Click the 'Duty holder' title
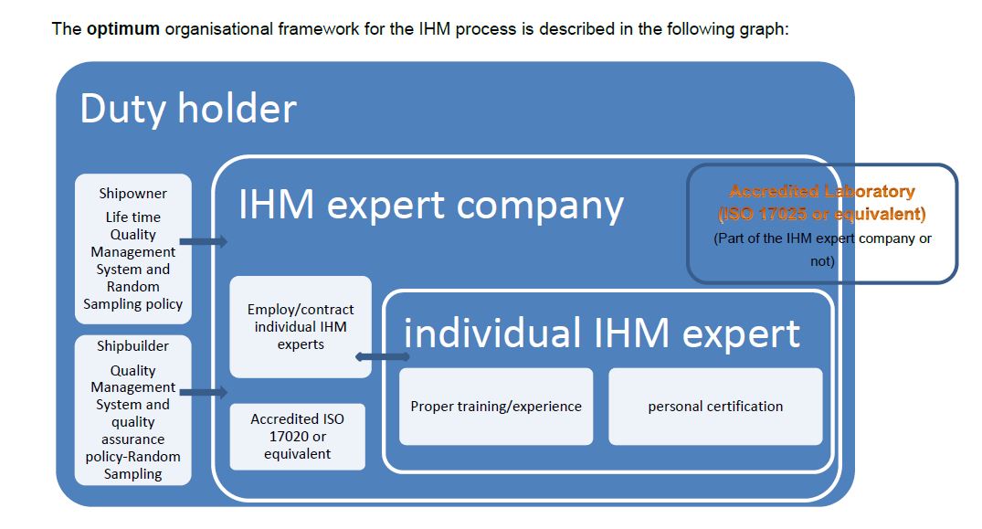188,109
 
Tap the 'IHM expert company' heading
431,206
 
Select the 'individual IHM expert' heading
601,333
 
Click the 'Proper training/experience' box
496,407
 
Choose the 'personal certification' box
715,407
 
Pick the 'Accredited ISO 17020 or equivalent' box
298,437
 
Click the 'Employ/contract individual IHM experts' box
301,327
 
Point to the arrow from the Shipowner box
204,241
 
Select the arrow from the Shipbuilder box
204,393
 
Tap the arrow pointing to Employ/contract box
382,357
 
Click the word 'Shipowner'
132,194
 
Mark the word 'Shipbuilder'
132,345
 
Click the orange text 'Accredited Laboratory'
822,191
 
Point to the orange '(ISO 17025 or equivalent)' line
822,214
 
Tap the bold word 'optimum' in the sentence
123,29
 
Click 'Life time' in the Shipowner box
132,217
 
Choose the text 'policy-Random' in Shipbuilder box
132,457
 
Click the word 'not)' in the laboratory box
822,261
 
